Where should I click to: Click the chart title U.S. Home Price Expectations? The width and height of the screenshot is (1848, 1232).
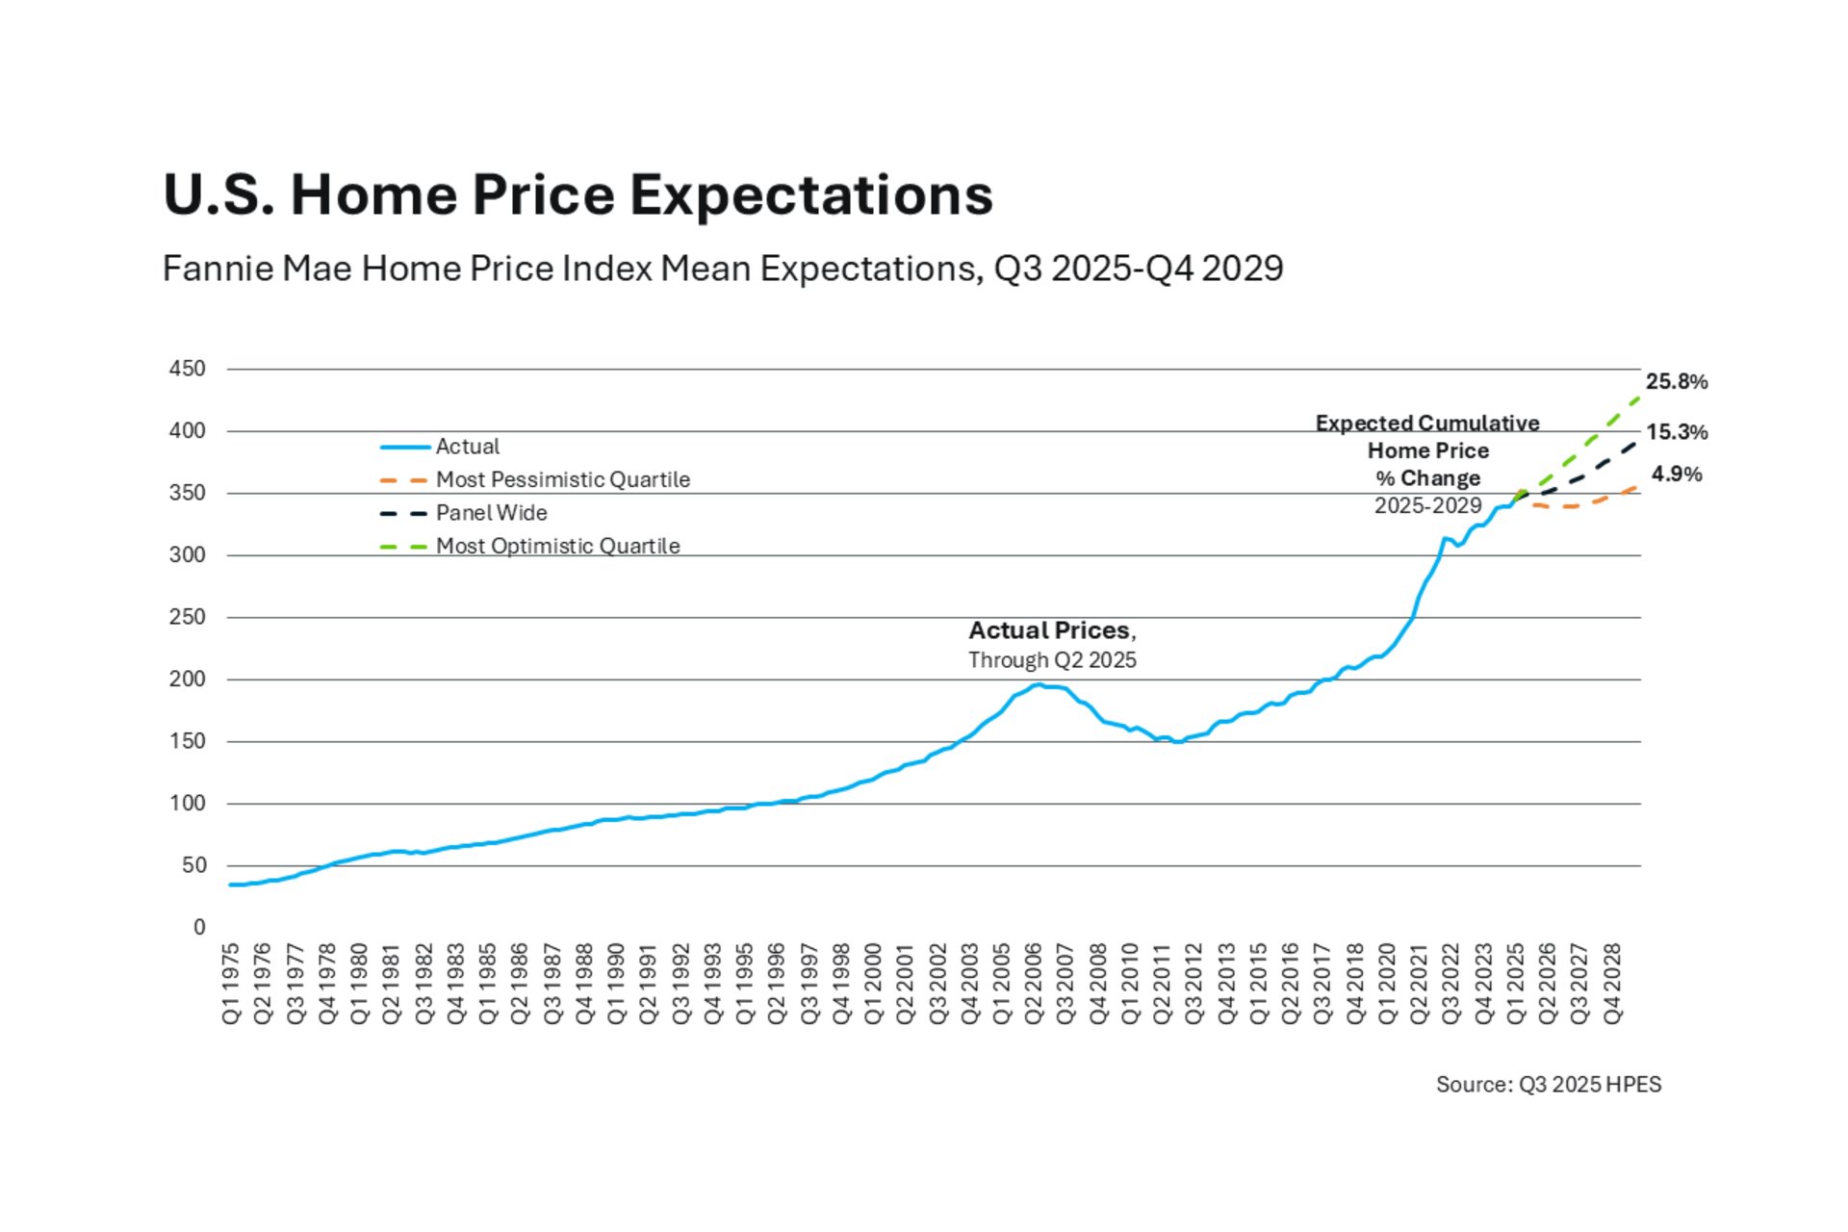[x=577, y=195]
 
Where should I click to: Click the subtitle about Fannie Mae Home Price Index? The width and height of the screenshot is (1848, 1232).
[x=722, y=269]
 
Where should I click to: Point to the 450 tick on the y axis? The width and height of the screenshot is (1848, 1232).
[x=188, y=369]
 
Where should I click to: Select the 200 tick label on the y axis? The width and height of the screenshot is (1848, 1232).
[x=188, y=680]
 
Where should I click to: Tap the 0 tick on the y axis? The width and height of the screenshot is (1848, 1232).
[x=199, y=927]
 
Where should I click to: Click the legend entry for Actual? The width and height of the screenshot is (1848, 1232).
[x=467, y=447]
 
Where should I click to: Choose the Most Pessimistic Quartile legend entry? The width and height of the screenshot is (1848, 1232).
[x=562, y=479]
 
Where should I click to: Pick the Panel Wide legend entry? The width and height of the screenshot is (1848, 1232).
[x=491, y=513]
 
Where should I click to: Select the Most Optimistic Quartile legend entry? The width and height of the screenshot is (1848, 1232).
[x=557, y=546]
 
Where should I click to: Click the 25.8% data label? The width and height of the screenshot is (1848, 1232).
[x=1676, y=382]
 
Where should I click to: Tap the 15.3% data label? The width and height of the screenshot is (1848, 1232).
[x=1676, y=432]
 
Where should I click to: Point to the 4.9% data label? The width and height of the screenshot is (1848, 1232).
[x=1676, y=475]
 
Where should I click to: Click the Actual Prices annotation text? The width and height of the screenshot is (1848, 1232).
[x=1051, y=630]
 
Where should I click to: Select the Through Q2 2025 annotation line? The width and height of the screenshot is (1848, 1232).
[x=1051, y=660]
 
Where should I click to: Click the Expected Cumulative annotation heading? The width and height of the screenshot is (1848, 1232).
[x=1426, y=423]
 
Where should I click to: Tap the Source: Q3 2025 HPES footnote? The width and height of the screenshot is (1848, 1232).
[x=1548, y=1085]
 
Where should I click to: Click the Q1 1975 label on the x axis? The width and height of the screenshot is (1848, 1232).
[x=231, y=983]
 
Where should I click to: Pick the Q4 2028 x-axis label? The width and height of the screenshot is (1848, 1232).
[x=1612, y=983]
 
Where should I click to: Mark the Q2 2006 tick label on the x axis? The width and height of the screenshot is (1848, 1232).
[x=1034, y=983]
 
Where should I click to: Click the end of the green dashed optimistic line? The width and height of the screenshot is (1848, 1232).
[x=1638, y=396]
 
